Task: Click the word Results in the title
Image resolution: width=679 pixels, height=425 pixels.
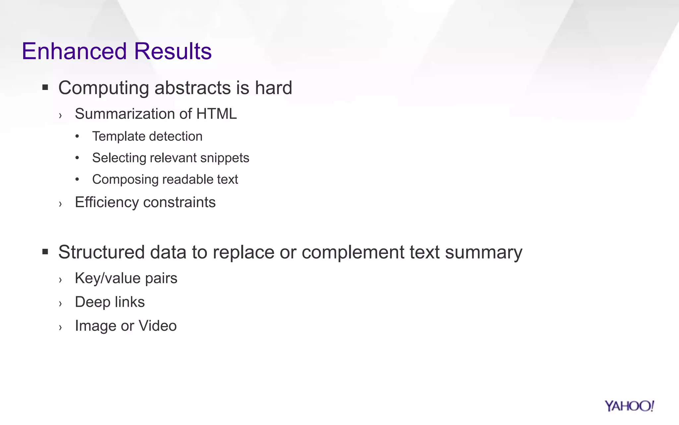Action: (173, 51)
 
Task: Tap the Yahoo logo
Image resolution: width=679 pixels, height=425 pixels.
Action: (629, 406)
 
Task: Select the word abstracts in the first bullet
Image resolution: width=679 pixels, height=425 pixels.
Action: (193, 88)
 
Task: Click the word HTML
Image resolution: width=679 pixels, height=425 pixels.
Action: (216, 114)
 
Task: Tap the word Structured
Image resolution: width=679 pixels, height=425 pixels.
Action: (101, 252)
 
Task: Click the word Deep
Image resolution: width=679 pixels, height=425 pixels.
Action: (93, 302)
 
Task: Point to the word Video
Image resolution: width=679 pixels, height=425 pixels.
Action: (157, 326)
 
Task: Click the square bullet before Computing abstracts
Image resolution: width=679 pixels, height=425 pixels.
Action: (45, 88)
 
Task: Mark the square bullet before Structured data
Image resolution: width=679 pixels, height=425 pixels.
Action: (45, 252)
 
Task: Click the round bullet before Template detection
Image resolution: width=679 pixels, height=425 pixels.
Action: (77, 136)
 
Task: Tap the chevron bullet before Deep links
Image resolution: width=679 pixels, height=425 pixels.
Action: (60, 303)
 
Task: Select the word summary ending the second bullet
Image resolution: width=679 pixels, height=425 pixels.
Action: (483, 252)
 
